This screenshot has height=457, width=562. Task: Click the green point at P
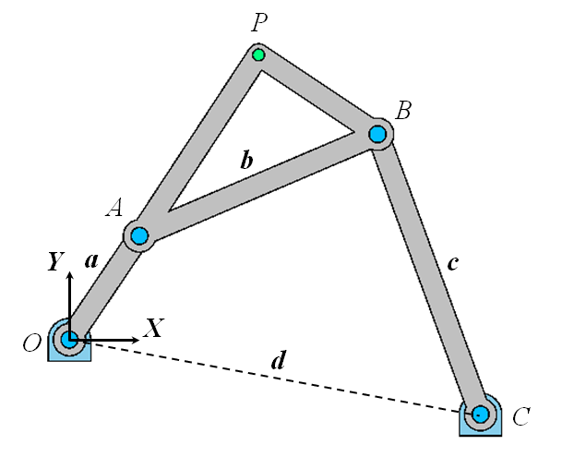click(x=258, y=55)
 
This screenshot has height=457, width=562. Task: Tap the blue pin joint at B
click(x=377, y=134)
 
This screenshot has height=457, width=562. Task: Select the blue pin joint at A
click(x=139, y=235)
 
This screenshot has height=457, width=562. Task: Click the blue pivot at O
click(x=69, y=340)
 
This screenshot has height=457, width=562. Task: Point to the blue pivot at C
click(x=480, y=415)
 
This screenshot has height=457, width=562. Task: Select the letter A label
click(x=114, y=209)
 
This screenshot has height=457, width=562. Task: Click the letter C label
click(x=520, y=417)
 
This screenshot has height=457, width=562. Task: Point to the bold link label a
click(x=91, y=261)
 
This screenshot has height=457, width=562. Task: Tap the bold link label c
click(x=451, y=262)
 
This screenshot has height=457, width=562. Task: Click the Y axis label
click(x=56, y=262)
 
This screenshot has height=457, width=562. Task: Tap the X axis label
click(x=154, y=327)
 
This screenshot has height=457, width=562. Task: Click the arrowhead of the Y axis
click(x=70, y=280)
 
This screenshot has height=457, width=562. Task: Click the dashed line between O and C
click(x=277, y=379)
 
